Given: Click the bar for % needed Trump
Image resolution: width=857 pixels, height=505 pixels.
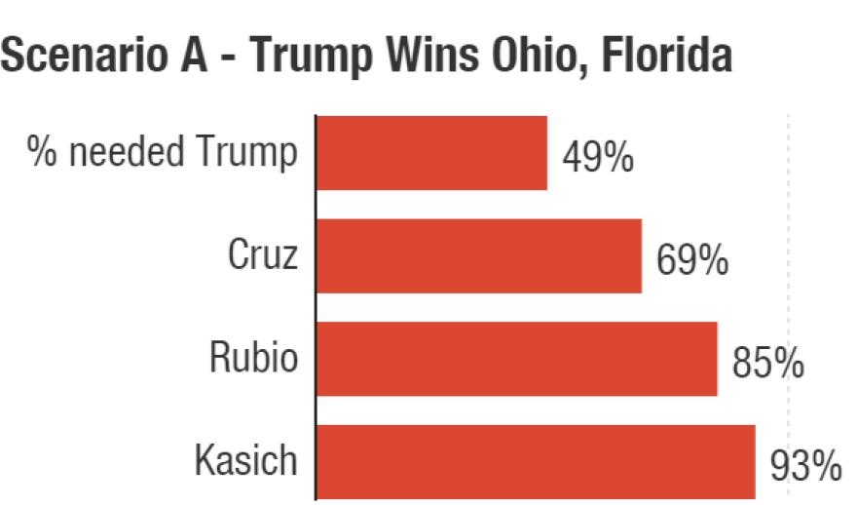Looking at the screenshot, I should coord(431,153).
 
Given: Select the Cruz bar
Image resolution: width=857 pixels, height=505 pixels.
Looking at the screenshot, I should coord(478,255).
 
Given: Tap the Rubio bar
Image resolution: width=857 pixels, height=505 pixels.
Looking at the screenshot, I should coord(516,359).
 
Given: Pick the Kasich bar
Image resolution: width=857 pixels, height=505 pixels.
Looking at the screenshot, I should coord(536,461).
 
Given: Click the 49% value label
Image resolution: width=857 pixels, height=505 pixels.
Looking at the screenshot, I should coord(598,157).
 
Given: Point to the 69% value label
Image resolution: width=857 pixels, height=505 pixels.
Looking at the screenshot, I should coord(692,260).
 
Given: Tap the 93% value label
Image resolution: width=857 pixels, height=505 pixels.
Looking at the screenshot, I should coord(805,466).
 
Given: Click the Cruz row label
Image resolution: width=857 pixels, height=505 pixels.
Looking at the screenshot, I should coord(263,255).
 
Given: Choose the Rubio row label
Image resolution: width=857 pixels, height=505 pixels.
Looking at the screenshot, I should coord(254,358).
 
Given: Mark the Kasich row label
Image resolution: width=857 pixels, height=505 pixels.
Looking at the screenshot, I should coord(246,460).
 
